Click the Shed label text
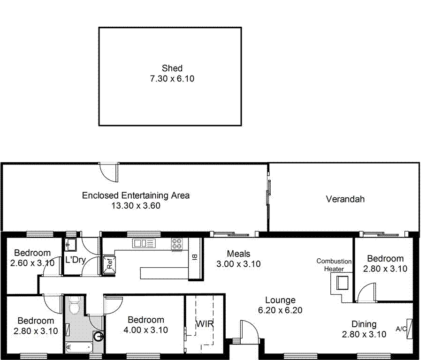point(172,68)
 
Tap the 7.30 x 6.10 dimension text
point(172,79)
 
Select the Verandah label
point(345,199)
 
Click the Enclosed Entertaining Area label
point(136,195)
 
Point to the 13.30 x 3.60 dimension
point(136,205)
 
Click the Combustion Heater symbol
point(341,282)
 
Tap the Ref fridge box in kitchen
point(108,263)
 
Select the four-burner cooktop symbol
point(177,244)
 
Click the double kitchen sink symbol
point(144,243)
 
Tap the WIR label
point(205,324)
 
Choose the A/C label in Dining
point(401,329)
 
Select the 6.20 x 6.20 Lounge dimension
point(280,310)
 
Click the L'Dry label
point(75,260)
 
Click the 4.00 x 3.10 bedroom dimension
point(145,330)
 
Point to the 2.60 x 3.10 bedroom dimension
point(32,263)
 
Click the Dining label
point(364,324)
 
